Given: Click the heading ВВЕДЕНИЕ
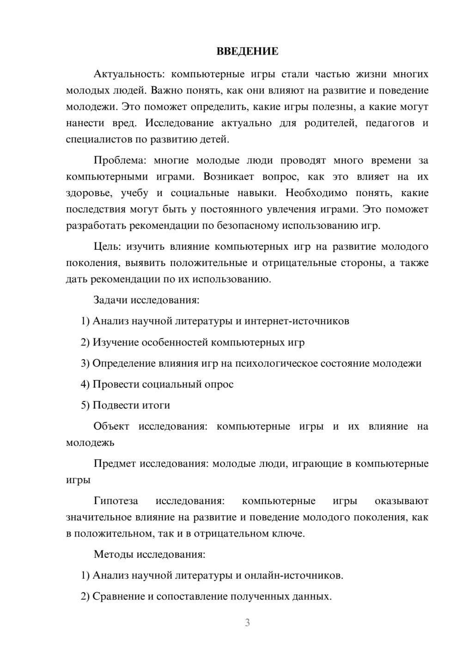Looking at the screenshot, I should tap(247, 51).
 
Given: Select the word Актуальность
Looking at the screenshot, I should tap(125, 74).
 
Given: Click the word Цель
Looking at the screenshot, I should tap(107, 247).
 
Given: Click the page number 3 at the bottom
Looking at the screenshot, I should tap(247, 623).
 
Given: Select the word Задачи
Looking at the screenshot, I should tap(110, 300).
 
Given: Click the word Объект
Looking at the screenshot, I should tap(111, 426).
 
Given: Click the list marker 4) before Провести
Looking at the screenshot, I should tap(85, 384).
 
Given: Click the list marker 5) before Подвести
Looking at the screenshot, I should tap(85, 405).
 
